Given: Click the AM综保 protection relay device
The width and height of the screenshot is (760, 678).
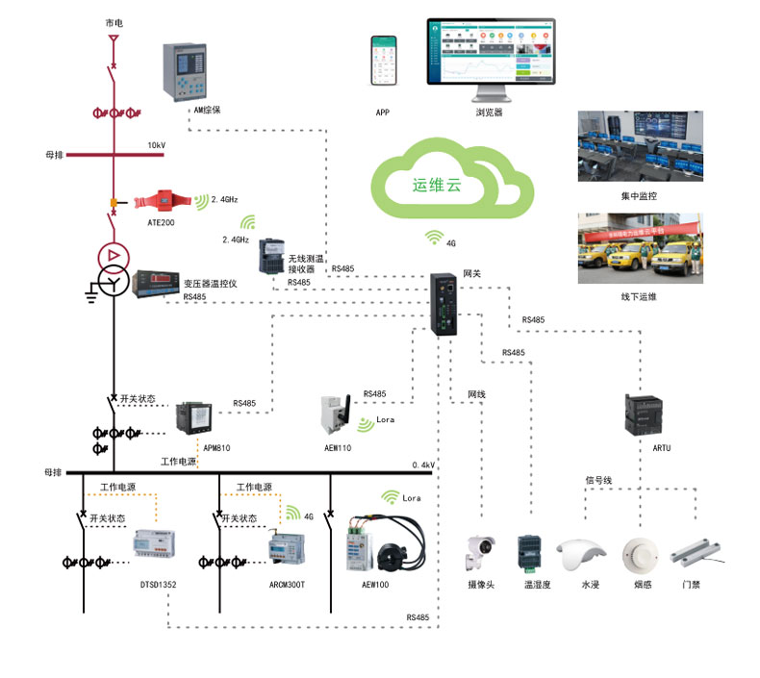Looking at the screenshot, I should (x=184, y=72).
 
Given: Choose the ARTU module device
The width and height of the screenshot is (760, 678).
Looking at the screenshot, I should (x=646, y=415).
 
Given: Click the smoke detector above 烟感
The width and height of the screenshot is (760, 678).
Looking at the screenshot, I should (x=641, y=552).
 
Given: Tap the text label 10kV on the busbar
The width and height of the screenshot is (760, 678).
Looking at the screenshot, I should (x=156, y=145).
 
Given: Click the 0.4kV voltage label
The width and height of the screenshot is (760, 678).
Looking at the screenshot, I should (x=423, y=465).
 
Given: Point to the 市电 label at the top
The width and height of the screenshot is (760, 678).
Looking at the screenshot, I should (x=114, y=21).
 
